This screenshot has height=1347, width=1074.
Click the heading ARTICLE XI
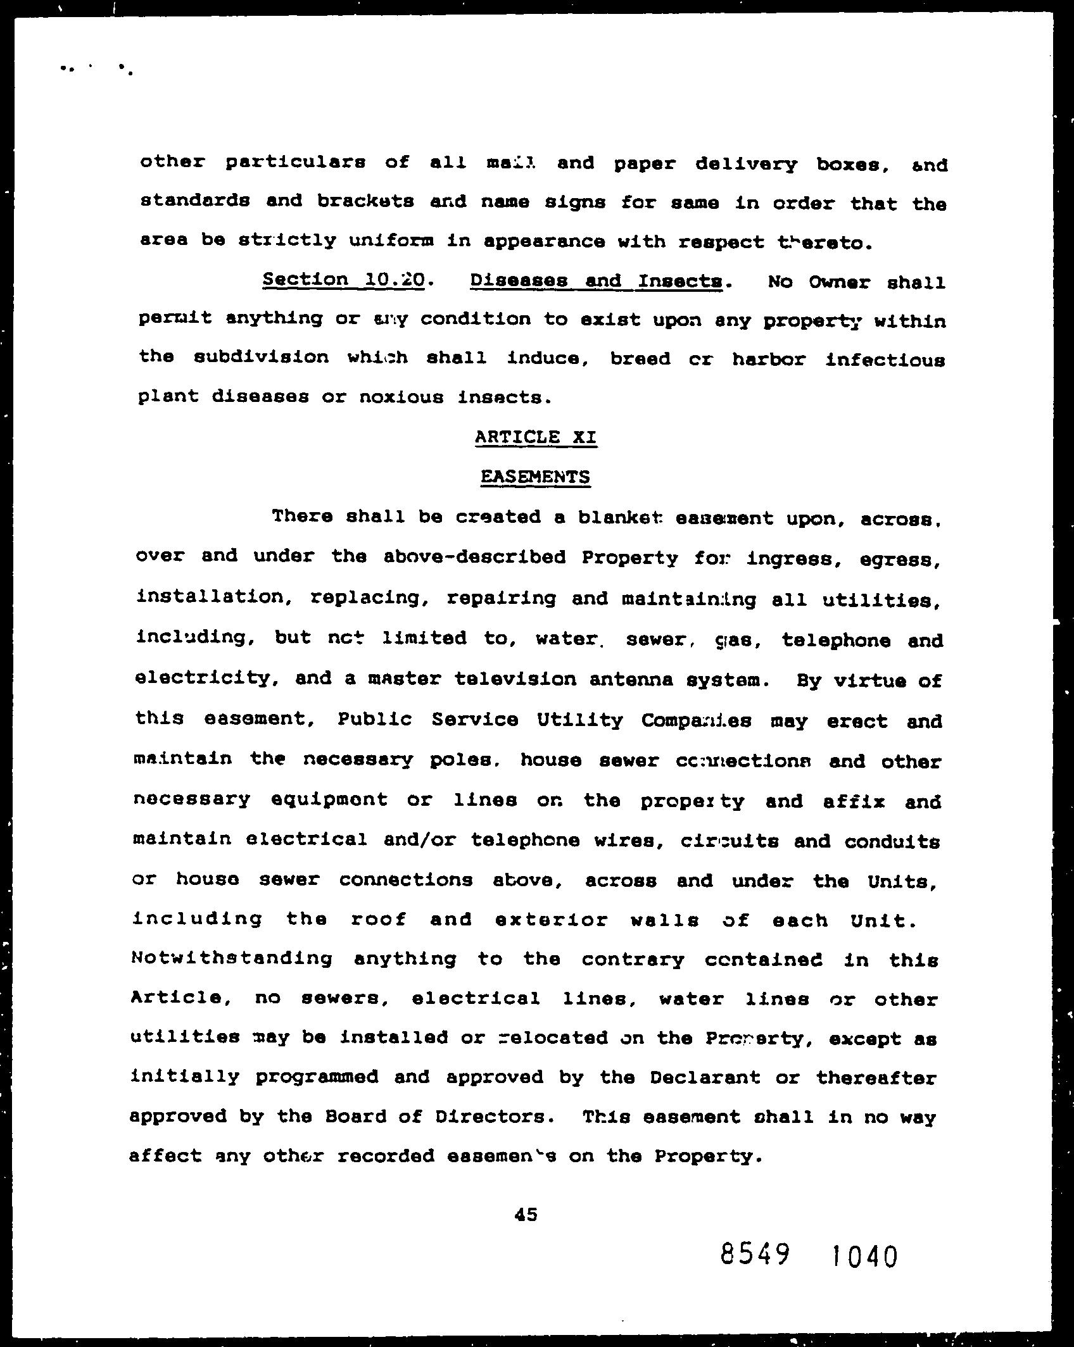click(535, 437)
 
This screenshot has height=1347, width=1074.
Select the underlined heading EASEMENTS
click(535, 477)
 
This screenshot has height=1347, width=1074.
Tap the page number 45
click(526, 1214)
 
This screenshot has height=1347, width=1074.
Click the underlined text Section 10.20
click(343, 280)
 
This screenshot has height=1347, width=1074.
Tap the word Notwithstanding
click(231, 958)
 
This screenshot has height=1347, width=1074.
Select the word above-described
click(474, 557)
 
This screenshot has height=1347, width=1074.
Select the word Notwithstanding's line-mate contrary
click(633, 960)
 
